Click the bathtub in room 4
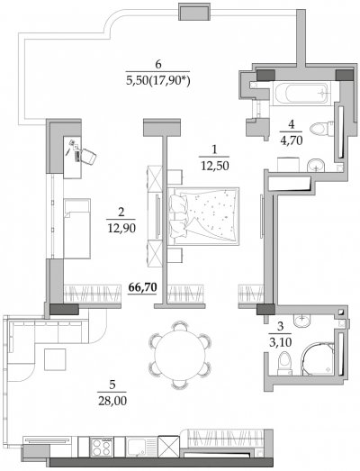coord(301,93)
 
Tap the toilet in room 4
coord(321,129)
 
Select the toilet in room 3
coord(284,364)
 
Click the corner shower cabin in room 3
coord(318,358)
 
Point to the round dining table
coord(179,355)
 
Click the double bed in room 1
coord(203,216)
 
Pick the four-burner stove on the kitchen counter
coord(102,447)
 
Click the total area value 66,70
coord(142,287)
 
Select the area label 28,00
coord(112,401)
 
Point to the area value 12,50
coord(215,166)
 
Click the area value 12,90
coord(121,228)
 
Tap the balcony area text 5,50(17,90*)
coord(158,81)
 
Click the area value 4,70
coord(291,140)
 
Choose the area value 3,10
coord(280,342)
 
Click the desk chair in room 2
coord(88,156)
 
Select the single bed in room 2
coord(76,228)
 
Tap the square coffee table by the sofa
coord(55,359)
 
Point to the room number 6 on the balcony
coord(158,64)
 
